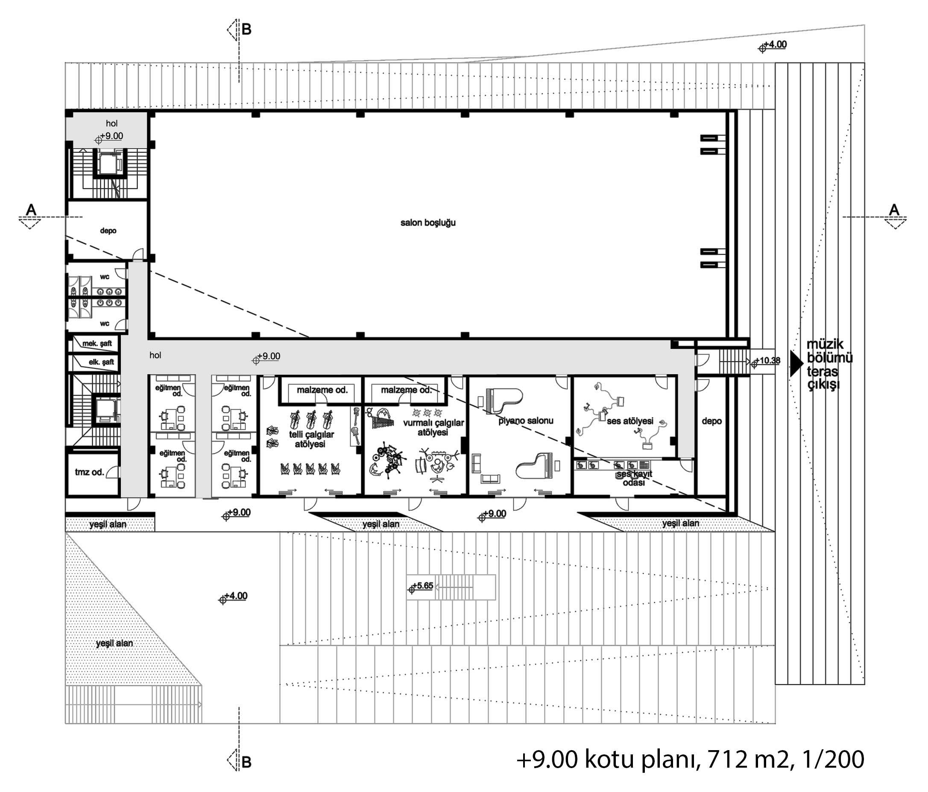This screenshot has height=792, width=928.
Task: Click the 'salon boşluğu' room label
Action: pos(428,223)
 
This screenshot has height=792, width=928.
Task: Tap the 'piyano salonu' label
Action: pos(526,421)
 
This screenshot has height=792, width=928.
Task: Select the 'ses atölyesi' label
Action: pos(630,421)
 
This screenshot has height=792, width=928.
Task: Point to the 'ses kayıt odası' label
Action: pos(634,478)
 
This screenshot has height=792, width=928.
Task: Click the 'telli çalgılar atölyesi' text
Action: pos(311,439)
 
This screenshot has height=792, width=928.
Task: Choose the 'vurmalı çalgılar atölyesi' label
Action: pos(433,427)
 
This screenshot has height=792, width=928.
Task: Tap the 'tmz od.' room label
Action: pos(89,472)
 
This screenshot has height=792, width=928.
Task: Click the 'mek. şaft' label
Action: pos(97,343)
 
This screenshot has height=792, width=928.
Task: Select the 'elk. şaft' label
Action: pos(101,362)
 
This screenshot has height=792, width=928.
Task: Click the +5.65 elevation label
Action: pos(420,587)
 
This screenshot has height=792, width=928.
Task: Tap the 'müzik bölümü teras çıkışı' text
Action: pos(829,365)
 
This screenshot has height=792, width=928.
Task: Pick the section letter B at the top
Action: pos(246,29)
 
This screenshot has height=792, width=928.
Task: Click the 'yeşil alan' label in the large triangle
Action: pos(114,643)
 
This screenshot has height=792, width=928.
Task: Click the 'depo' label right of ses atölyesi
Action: pos(711,421)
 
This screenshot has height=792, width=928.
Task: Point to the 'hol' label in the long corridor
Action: pos(155,355)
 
